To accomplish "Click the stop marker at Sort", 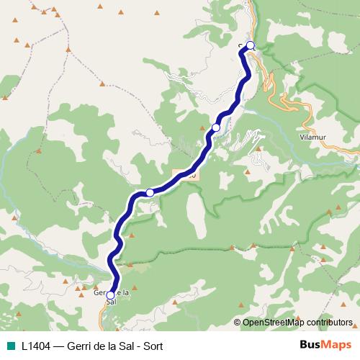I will point(251,45).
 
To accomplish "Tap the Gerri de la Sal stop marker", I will point(110,295).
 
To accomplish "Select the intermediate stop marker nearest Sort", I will point(216,127).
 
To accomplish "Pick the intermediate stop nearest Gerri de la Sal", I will point(150,192).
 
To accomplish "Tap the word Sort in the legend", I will point(152,345).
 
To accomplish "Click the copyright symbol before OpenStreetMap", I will point(238,323).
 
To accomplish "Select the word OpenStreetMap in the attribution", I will point(274,323).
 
